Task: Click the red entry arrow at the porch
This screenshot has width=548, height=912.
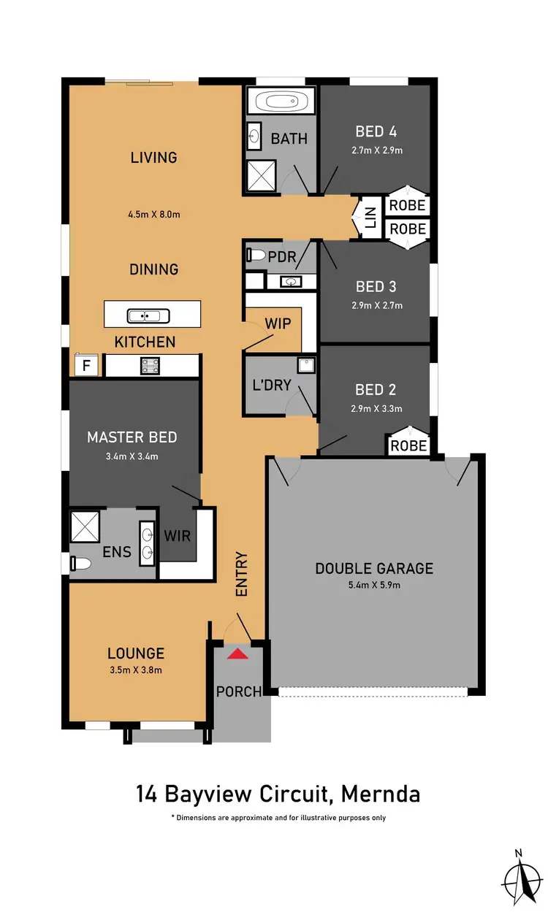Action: tap(237, 653)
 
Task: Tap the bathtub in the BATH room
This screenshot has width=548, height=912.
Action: tap(281, 101)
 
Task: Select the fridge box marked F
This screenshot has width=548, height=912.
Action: tap(86, 366)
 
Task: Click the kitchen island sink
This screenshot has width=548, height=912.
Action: tap(148, 316)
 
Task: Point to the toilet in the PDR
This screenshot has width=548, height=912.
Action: tap(256, 256)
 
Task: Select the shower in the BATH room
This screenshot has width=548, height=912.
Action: tap(260, 176)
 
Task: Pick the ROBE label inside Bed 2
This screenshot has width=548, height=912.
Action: tap(408, 445)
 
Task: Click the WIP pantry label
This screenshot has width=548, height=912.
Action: tap(278, 323)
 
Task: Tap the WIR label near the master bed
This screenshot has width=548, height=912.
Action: tap(178, 536)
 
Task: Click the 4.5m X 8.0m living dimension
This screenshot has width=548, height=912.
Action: tap(154, 215)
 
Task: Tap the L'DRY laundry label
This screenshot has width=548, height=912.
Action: tap(272, 388)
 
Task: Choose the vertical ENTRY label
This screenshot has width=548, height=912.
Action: tap(242, 575)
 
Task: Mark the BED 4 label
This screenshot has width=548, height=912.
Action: tap(376, 131)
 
